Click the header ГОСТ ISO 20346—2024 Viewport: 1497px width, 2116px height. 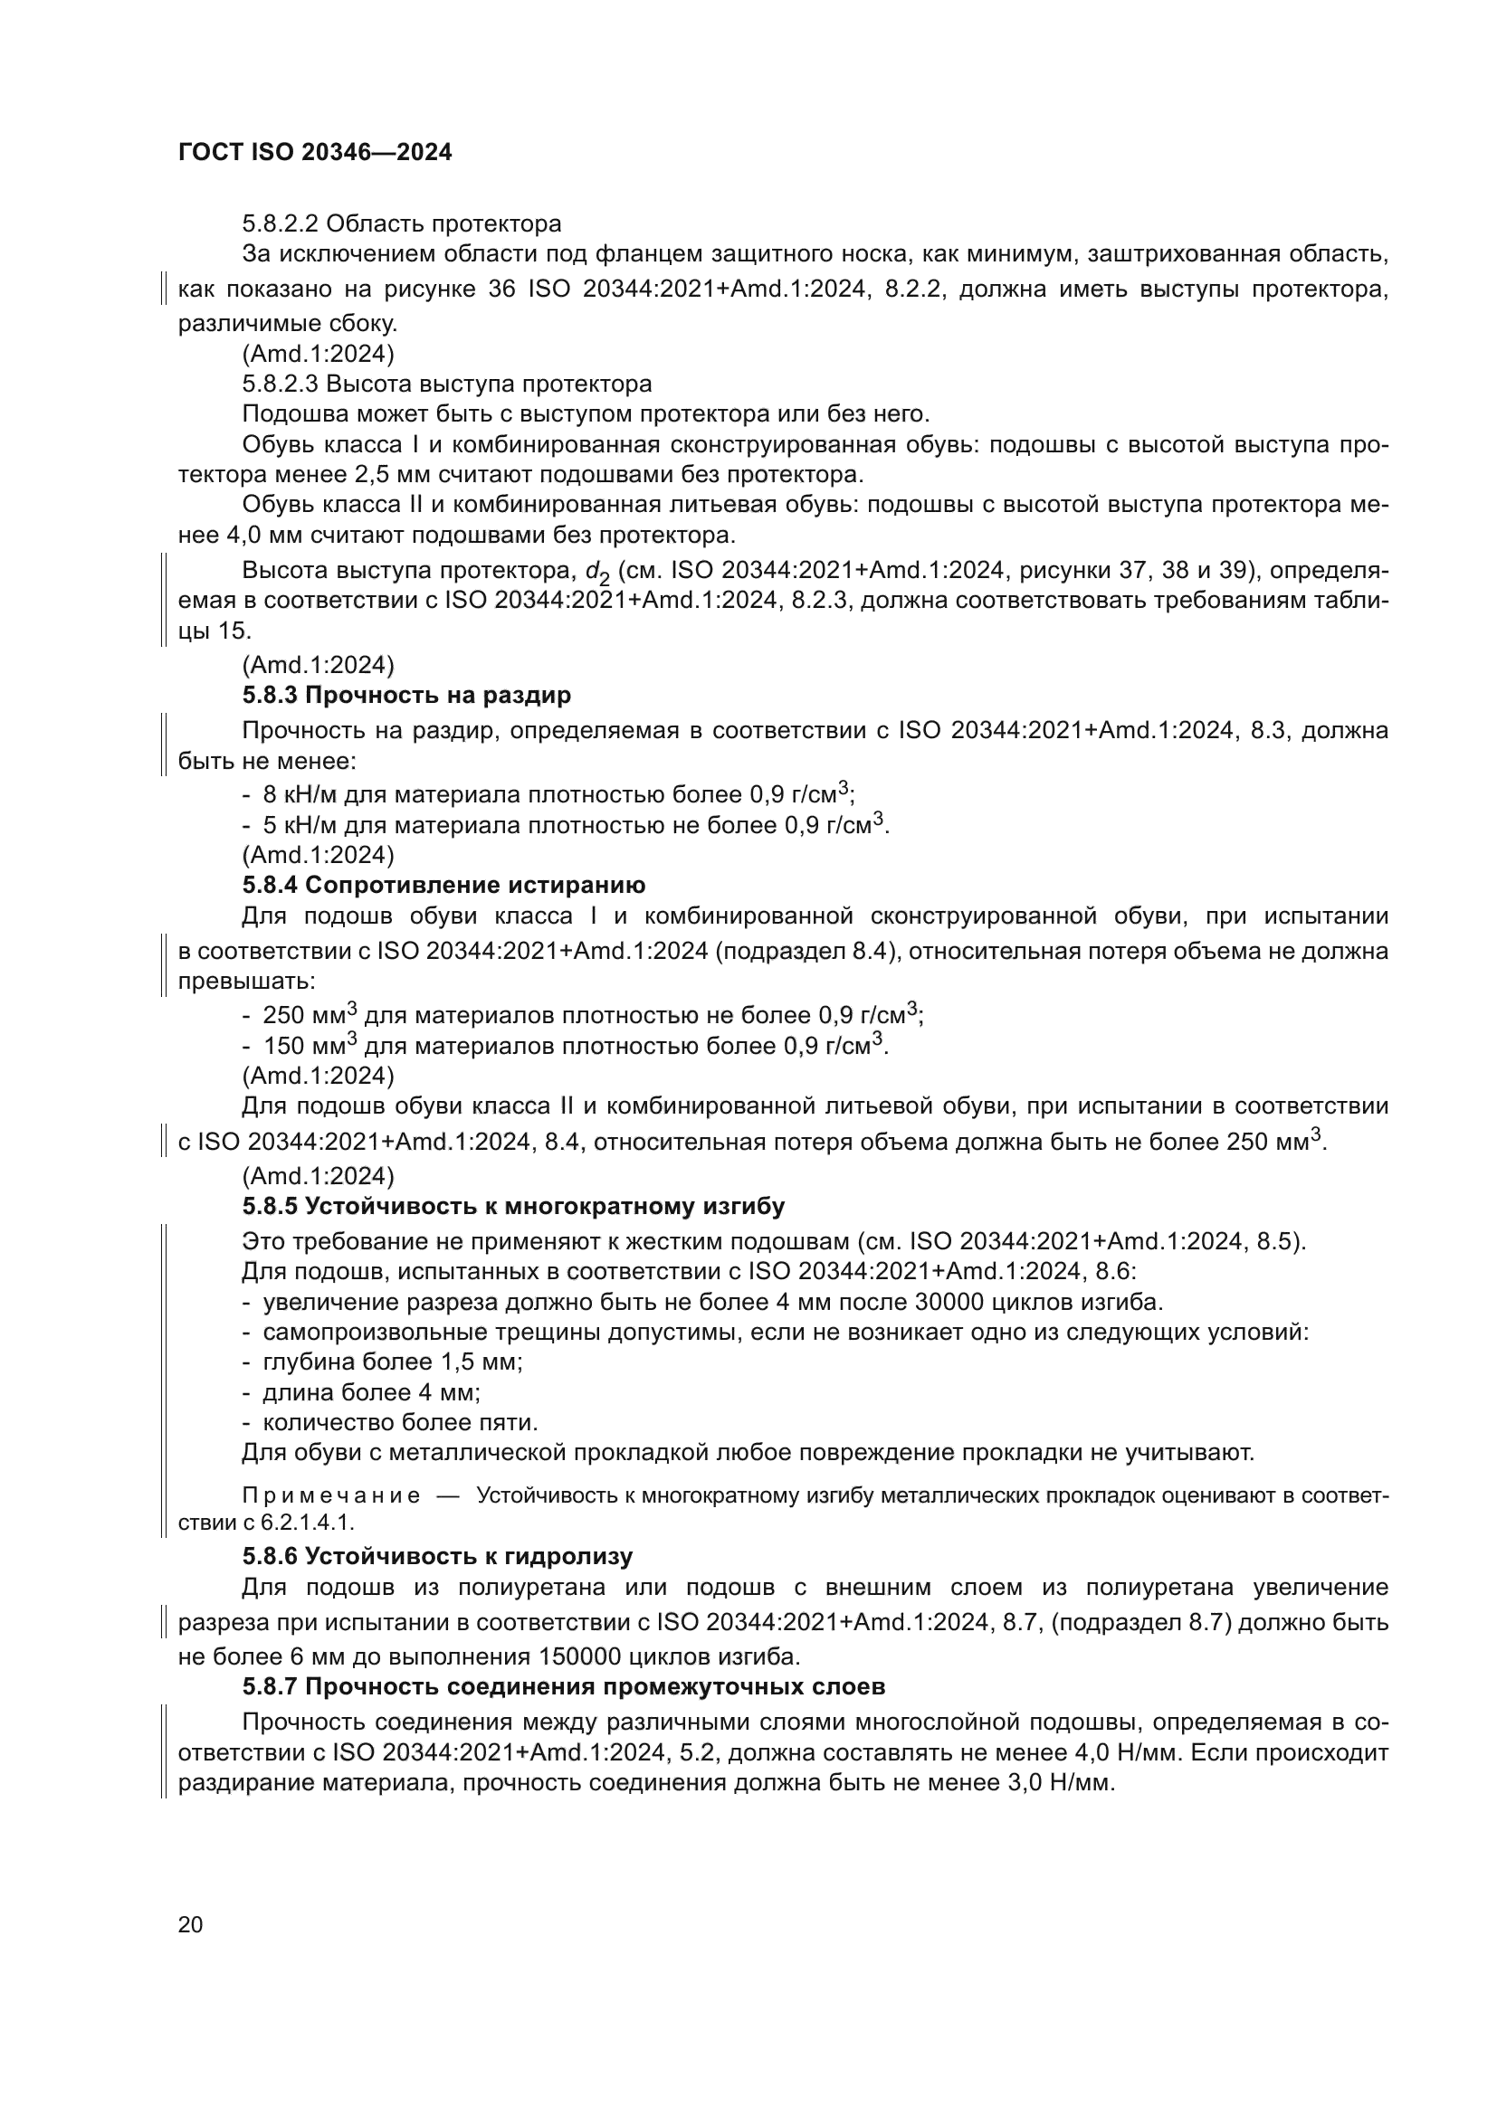pyautogui.click(x=314, y=153)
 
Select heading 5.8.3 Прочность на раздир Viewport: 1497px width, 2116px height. pyautogui.click(x=406, y=695)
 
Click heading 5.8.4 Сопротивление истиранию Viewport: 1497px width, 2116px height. pyautogui.click(x=443, y=885)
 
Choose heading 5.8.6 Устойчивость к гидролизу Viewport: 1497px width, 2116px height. pyautogui.click(x=437, y=1557)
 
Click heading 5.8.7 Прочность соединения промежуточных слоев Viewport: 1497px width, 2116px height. pyautogui.click(x=563, y=1686)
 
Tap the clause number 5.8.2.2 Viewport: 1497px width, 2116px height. pyautogui.click(x=281, y=224)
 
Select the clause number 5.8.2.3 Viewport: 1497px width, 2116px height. pyautogui.click(x=281, y=384)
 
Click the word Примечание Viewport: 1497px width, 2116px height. pyautogui.click(x=331, y=1495)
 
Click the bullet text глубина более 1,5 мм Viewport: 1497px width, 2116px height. pyautogui.click(x=393, y=1362)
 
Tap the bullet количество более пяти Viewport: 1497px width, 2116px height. pyautogui.click(x=400, y=1422)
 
